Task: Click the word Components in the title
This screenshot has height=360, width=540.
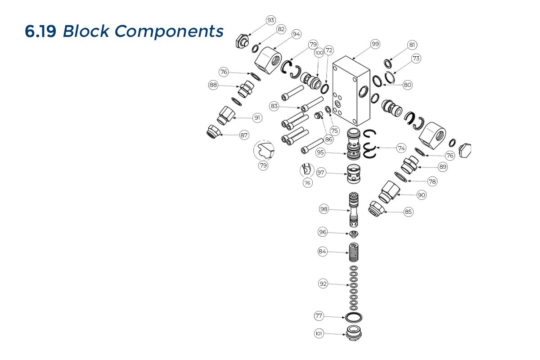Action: [169, 31]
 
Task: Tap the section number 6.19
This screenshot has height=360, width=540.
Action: [40, 31]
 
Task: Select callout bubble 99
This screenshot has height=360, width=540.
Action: [375, 44]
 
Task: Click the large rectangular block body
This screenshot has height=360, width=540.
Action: [351, 91]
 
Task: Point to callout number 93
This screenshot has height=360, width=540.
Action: [271, 20]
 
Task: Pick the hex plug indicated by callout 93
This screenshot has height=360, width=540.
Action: [242, 41]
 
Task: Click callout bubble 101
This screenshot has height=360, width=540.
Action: [319, 333]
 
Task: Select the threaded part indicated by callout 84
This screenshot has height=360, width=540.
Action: [354, 252]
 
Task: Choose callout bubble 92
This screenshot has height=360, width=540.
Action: [323, 284]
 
